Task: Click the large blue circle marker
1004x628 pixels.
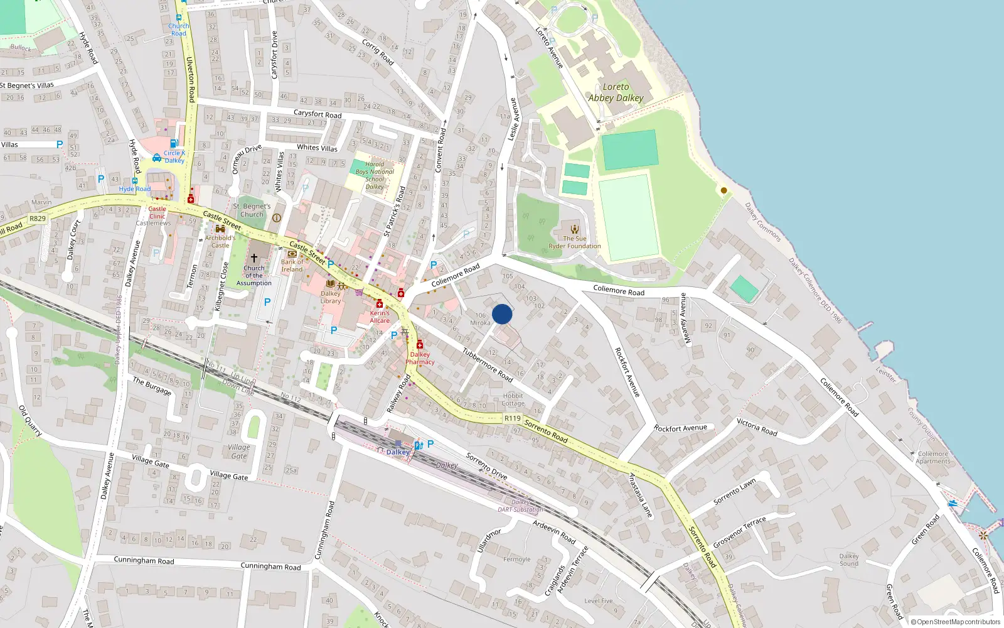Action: coord(502,314)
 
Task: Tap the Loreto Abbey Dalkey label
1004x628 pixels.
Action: coord(616,92)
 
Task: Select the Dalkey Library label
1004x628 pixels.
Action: coord(331,297)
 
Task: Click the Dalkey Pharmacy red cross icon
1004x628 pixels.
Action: coord(420,345)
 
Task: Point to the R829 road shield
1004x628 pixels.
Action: coord(38,219)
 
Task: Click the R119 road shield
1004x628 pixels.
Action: coord(512,418)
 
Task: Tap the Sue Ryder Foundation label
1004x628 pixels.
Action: coord(575,242)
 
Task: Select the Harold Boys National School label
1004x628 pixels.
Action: coord(375,175)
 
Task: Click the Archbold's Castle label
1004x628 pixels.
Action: coord(220,241)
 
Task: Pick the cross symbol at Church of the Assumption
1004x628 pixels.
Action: coord(254,258)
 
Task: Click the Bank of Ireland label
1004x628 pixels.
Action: coord(292,266)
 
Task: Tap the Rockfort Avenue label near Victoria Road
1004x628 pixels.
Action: coord(680,428)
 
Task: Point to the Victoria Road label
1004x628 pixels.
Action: coord(757,427)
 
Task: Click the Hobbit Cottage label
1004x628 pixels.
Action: coord(513,399)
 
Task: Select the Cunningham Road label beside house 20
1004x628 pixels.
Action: coord(144,560)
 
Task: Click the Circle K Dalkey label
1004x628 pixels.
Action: coord(174,156)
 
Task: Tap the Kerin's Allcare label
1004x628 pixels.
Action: coord(380,317)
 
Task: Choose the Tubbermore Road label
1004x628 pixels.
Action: coord(488,365)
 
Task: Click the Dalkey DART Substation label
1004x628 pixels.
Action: coord(520,506)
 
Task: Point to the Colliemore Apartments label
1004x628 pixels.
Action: coord(933,457)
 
